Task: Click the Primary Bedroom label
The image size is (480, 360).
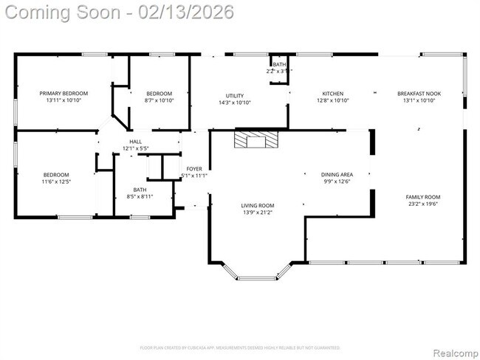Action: [x=64, y=94]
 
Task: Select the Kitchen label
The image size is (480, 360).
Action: [x=332, y=94]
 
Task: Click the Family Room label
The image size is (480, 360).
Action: [x=422, y=197]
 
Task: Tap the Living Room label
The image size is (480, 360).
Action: [x=258, y=206]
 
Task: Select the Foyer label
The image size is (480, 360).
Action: [x=194, y=169]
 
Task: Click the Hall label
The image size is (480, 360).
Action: [x=136, y=142]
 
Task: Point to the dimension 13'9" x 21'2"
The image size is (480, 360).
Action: [x=258, y=213]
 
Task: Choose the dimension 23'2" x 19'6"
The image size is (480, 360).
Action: [x=422, y=204]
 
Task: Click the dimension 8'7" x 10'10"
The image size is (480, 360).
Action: [x=159, y=100]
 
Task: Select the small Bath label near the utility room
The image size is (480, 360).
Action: [x=279, y=65]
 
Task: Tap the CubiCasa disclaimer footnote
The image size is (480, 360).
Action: [x=239, y=347]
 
